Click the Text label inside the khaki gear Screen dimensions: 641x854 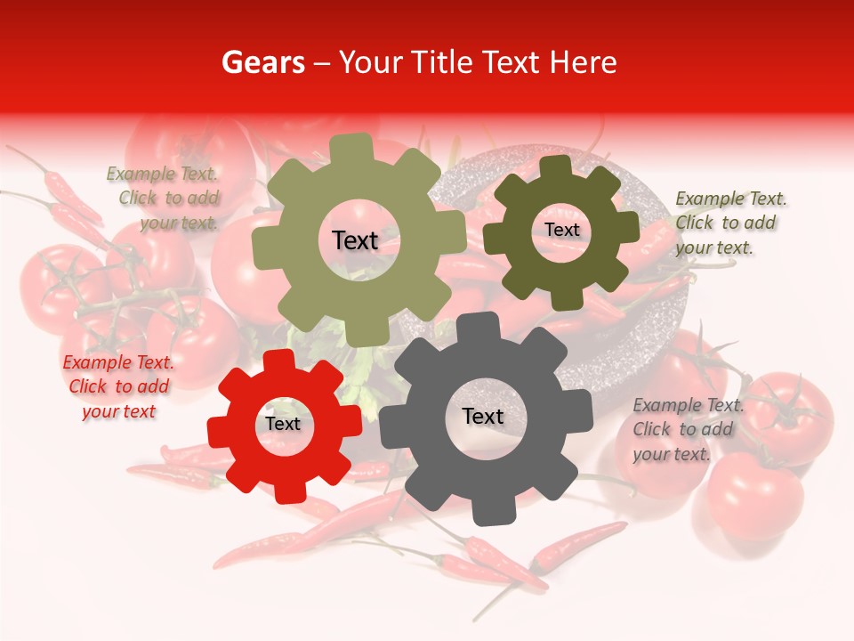point(355,240)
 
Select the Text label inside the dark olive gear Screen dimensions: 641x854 point(561,230)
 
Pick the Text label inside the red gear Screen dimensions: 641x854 point(283,424)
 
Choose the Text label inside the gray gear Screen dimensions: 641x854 point(483,416)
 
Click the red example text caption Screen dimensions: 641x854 point(119,387)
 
